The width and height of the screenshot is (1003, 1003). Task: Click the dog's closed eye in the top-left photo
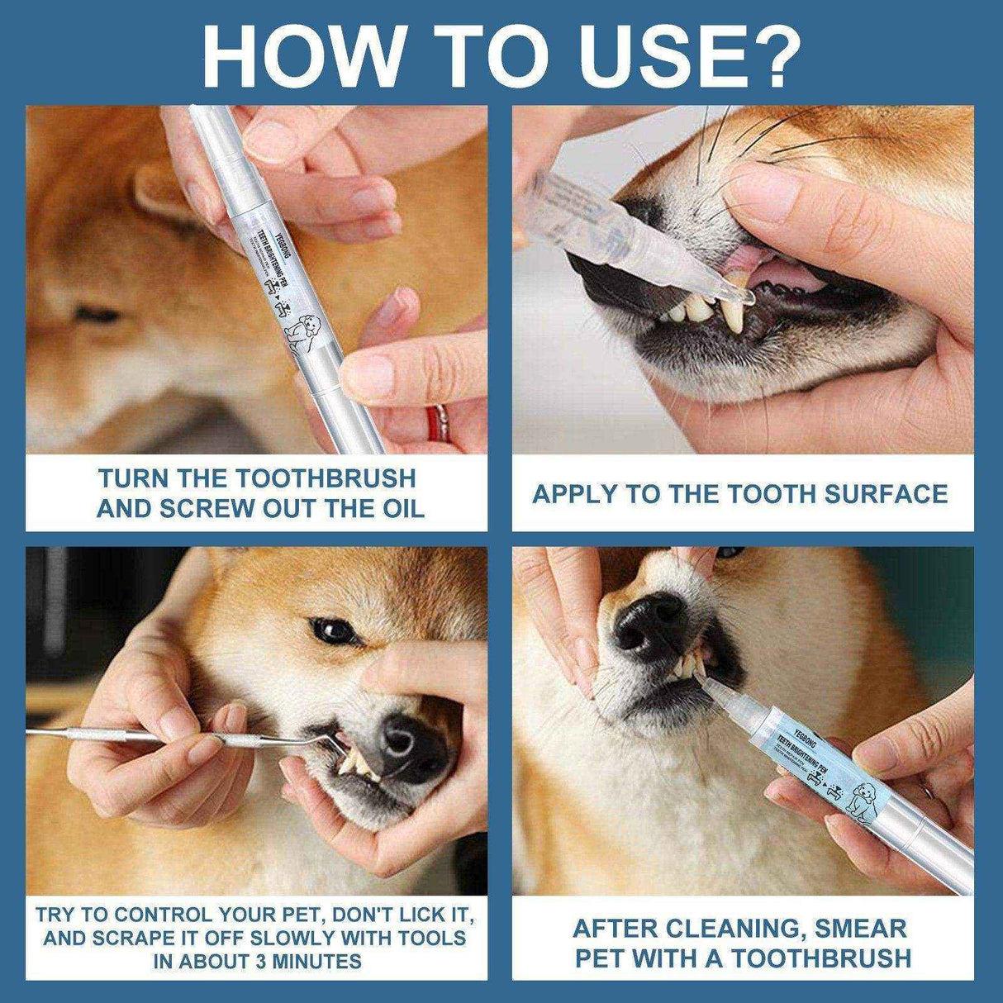point(95,315)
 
